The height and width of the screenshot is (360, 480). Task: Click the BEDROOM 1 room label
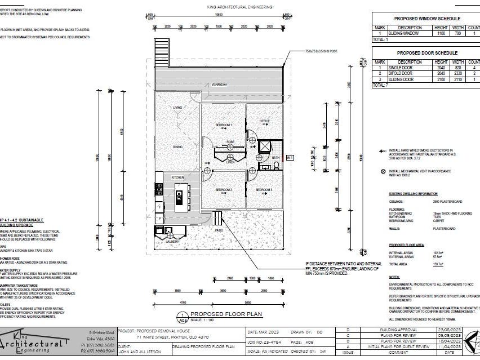224,125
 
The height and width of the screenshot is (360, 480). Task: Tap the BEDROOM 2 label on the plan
224,190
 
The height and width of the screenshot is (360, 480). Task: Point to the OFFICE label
265,121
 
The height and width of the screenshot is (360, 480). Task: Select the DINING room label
177,147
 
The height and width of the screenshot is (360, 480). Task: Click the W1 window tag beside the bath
290,158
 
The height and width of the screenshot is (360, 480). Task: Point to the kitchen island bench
180,197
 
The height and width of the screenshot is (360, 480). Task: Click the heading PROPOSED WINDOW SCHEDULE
426,19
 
